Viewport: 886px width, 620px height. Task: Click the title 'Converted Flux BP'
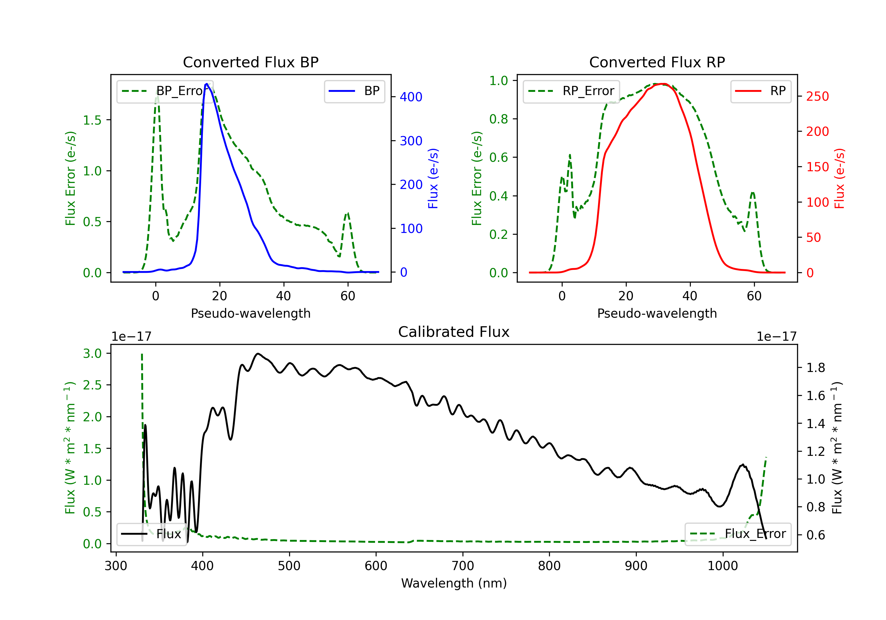click(x=250, y=62)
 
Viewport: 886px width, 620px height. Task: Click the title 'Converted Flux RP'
click(x=657, y=62)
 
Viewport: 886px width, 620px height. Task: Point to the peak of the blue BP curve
click(x=207, y=84)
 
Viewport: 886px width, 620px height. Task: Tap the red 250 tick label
click(x=817, y=97)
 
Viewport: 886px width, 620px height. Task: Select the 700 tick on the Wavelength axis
click(x=462, y=566)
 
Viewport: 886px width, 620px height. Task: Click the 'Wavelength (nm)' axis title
click(x=454, y=583)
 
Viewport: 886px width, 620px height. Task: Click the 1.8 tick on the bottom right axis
click(x=815, y=368)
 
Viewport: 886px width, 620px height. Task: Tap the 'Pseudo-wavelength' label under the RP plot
click(x=657, y=313)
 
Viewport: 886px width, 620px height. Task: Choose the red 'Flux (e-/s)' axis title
click(x=839, y=178)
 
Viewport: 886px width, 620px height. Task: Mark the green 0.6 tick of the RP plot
click(x=499, y=157)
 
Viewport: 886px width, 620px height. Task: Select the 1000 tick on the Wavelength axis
click(x=722, y=566)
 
